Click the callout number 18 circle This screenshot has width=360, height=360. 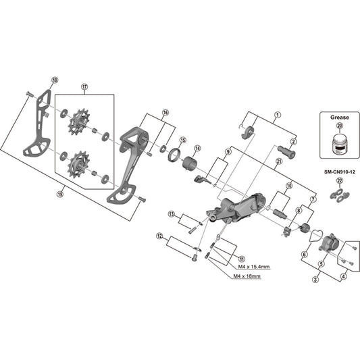pyautogui.click(x=55, y=80)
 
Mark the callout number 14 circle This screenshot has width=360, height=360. pyautogui.click(x=198, y=149)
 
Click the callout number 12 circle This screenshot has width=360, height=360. pyautogui.click(x=159, y=236)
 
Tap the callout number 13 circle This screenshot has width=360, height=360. pyautogui.click(x=172, y=214)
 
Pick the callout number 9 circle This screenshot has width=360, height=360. pyautogui.click(x=228, y=153)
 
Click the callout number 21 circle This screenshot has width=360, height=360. pyautogui.click(x=278, y=161)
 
